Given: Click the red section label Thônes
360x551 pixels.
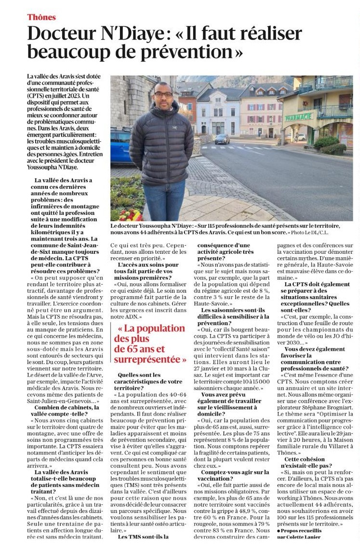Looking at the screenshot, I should point(41,17).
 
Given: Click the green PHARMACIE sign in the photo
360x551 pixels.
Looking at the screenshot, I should point(298,117).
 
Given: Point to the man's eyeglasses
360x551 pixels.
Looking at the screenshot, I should point(164,94).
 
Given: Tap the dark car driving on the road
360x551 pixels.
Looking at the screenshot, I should point(222,139).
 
